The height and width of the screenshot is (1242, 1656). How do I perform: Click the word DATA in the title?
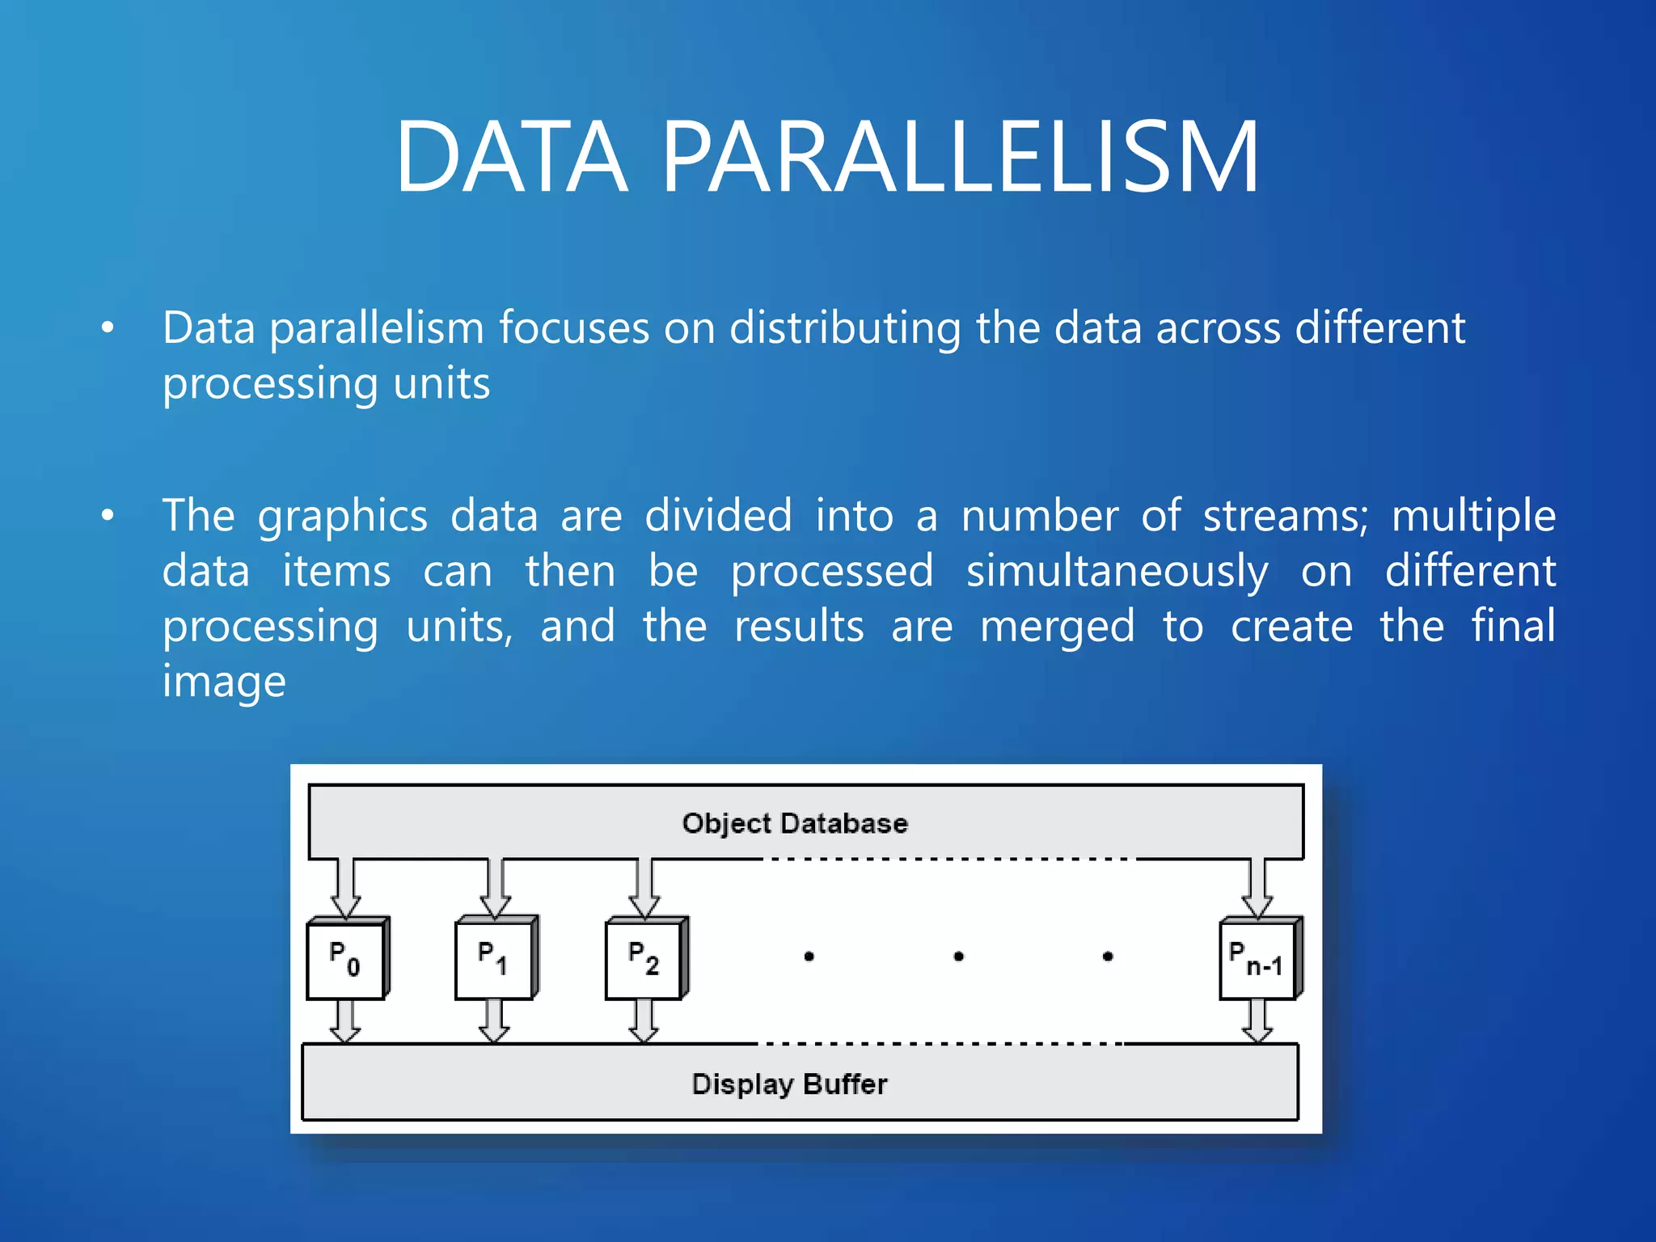[511, 157]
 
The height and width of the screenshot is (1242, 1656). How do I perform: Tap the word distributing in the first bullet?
[845, 328]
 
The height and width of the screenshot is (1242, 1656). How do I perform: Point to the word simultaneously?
[1117, 572]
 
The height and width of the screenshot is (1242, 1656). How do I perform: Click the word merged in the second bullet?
[1057, 627]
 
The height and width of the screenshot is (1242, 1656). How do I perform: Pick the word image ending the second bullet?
[224, 682]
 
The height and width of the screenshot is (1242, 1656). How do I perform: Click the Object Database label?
[795, 823]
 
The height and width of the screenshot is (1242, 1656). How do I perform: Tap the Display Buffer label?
[789, 1084]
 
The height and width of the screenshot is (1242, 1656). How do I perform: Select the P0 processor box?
[345, 960]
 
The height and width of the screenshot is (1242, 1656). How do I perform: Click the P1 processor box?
[494, 960]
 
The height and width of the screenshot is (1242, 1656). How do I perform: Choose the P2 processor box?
[644, 960]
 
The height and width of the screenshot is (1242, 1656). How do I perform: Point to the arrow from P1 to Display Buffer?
[494, 1021]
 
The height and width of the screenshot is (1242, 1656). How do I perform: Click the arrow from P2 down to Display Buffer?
[644, 1021]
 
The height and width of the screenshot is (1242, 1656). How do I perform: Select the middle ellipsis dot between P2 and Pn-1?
[958, 957]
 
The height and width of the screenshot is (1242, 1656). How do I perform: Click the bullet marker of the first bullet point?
[108, 328]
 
